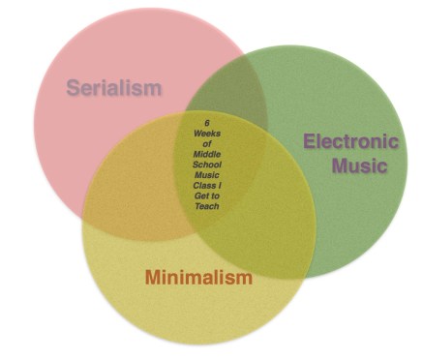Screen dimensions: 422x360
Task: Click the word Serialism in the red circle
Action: tap(113, 88)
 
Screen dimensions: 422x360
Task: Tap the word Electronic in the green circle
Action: tap(349, 141)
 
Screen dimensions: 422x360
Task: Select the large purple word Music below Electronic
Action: tap(359, 165)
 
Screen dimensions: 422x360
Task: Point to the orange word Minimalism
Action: tap(197, 278)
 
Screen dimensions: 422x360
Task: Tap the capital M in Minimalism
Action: tap(153, 278)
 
